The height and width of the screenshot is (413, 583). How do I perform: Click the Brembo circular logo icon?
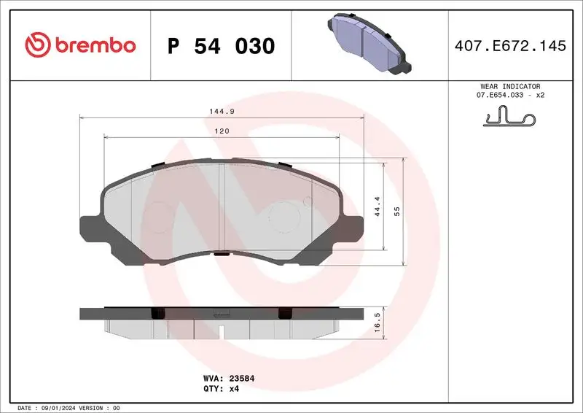36,45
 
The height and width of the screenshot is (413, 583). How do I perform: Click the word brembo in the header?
93,45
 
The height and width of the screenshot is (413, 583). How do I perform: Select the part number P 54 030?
221,46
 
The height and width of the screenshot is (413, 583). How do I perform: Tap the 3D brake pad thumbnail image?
367,45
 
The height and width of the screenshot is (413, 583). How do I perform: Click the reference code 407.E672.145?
509,46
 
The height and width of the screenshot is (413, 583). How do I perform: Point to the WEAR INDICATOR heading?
510,86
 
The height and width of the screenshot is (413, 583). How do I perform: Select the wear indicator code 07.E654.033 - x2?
510,96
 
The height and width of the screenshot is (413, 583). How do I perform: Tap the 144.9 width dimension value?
222,111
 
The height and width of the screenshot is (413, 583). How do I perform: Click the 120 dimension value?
222,131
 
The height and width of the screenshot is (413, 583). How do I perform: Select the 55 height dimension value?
397,210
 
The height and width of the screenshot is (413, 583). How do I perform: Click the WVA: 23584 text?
228,379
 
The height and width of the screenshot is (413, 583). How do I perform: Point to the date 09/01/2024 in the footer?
57,407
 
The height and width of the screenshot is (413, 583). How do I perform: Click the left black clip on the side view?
154,313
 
